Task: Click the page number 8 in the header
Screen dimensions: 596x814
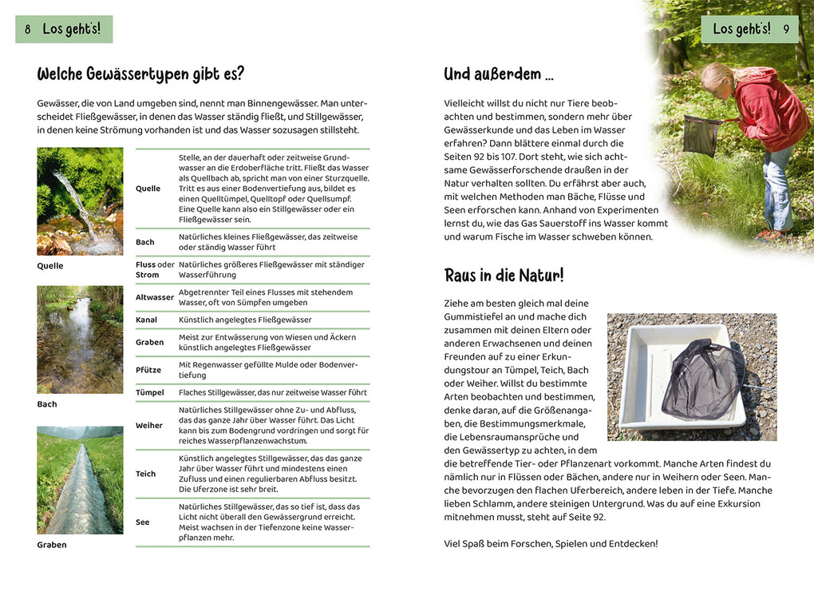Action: pos(27,30)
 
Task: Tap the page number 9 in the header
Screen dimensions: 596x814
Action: pos(786,30)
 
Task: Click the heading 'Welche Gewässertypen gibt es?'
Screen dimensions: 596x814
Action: pos(140,75)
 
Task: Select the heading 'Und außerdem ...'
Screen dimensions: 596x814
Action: pos(499,75)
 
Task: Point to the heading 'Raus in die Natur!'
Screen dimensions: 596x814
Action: pos(504,276)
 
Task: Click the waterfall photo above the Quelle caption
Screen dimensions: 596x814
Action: pos(80,201)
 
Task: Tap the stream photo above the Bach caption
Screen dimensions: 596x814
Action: pos(80,340)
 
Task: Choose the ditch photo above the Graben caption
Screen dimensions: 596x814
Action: pos(80,479)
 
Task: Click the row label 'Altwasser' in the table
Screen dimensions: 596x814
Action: pos(155,297)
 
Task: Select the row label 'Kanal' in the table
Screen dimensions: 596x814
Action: pos(147,320)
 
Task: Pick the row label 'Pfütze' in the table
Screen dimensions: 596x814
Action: pos(148,370)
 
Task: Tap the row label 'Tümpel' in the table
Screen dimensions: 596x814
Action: pos(150,392)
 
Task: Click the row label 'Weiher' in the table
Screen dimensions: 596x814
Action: pos(149,426)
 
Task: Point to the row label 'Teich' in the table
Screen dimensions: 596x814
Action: pos(146,474)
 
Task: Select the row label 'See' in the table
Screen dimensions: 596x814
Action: pos(143,522)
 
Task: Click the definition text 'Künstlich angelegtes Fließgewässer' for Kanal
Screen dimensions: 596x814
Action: pos(245,320)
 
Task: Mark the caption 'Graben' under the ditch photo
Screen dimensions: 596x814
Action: pos(52,545)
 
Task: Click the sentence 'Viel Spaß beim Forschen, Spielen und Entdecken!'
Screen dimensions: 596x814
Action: pos(551,544)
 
